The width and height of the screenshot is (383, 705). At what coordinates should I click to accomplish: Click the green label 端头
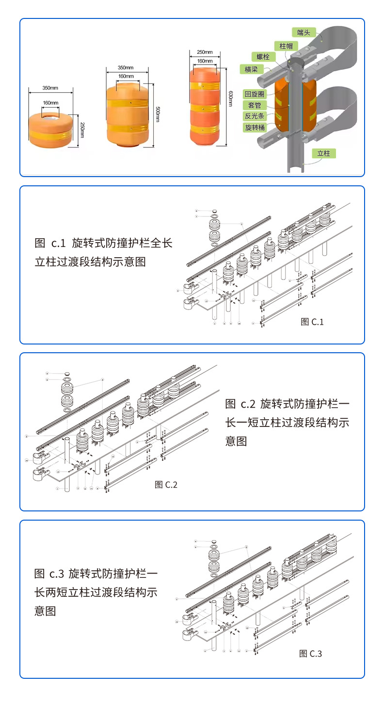tap(303, 33)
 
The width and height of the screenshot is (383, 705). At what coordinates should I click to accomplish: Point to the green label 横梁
tap(251, 69)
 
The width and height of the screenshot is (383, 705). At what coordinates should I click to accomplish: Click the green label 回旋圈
tap(255, 94)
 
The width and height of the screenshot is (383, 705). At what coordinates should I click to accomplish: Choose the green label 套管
tap(255, 105)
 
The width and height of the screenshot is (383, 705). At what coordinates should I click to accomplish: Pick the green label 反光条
tap(255, 116)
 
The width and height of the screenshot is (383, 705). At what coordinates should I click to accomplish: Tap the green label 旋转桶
tap(255, 128)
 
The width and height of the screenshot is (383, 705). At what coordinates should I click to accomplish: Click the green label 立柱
tap(323, 153)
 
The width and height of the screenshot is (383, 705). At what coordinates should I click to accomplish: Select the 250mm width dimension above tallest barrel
tap(205, 52)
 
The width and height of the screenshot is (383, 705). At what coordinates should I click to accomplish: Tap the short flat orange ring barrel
tap(51, 131)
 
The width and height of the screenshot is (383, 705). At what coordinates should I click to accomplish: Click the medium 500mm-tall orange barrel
tap(129, 115)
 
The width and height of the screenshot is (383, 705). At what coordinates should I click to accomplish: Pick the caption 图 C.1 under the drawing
tap(312, 321)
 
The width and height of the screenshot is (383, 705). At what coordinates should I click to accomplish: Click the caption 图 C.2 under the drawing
tap(166, 484)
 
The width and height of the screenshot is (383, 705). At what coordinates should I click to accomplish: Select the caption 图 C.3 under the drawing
tap(310, 654)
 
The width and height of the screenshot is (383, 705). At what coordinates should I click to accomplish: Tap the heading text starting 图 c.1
tap(103, 252)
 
